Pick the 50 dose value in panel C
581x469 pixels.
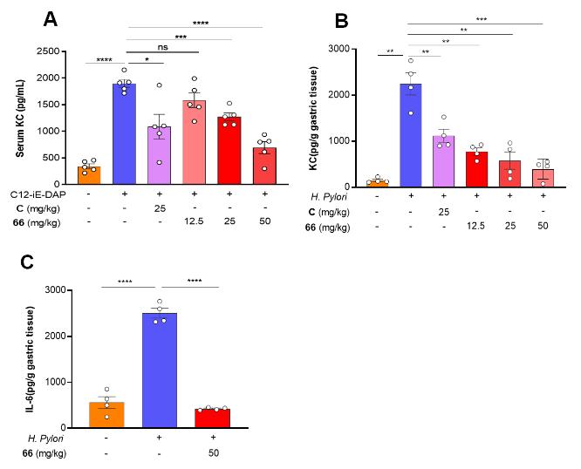tap(212, 454)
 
